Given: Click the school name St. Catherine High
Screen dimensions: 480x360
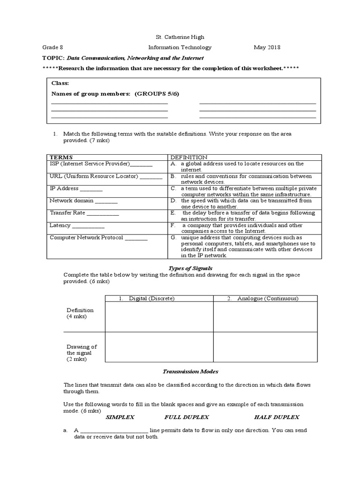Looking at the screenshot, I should tap(180, 37).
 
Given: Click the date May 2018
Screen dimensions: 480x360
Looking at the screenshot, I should tap(266, 47).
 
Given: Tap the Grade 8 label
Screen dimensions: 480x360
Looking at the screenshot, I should tap(52, 47).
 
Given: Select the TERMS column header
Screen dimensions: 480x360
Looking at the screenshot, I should tap(61, 157).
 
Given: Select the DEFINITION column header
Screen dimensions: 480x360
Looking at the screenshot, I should tap(188, 157).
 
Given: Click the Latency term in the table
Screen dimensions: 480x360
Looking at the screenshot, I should tap(60, 225).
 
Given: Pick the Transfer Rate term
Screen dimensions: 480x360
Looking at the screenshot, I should tap(67, 213).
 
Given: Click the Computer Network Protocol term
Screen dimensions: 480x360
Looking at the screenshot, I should tap(86, 238).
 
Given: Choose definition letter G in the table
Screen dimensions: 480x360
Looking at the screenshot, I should tap(173, 238).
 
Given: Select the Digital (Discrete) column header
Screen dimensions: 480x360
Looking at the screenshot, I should tap(146, 299).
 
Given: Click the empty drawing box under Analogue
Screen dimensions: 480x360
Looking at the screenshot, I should tap(265, 347).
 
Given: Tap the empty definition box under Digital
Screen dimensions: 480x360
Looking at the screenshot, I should tap(159, 317).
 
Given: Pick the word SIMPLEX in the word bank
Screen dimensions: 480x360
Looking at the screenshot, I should tap(120, 417).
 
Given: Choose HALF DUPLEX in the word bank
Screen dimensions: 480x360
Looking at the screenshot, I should tap(277, 417).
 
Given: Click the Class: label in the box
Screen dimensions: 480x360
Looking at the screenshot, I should tap(60, 83).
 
